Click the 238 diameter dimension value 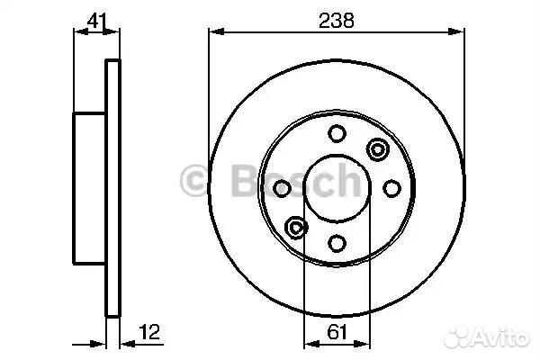point(336,21)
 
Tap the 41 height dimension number point(97,21)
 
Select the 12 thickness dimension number point(149,332)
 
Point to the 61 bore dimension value point(337,332)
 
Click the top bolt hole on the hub point(337,133)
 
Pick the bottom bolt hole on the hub point(337,243)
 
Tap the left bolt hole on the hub point(282,188)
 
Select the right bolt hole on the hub point(391,188)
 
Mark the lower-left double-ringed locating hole point(296,228)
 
